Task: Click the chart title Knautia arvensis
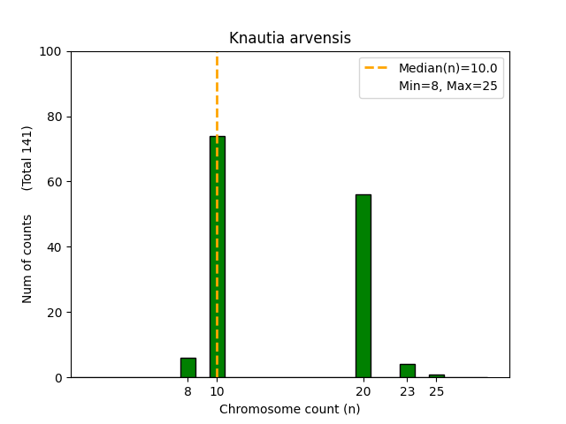[x=289, y=38]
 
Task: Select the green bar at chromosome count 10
[x=217, y=256]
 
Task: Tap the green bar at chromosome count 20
[x=363, y=285]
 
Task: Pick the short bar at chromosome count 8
[x=187, y=367]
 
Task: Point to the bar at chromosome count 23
[x=407, y=371]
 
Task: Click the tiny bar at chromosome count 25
[x=436, y=375]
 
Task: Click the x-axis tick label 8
[x=187, y=391]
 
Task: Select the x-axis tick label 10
[x=217, y=391]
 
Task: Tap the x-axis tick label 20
[x=363, y=391]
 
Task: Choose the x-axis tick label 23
[x=407, y=391]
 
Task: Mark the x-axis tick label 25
[x=436, y=391]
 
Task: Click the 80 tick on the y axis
[x=53, y=117]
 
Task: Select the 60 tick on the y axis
[x=53, y=182]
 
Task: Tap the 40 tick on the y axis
[x=53, y=247]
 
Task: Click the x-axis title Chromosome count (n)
[x=289, y=409]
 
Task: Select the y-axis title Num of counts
[x=27, y=259]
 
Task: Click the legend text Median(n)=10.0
[x=447, y=68]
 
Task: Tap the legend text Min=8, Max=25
[x=447, y=86]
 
